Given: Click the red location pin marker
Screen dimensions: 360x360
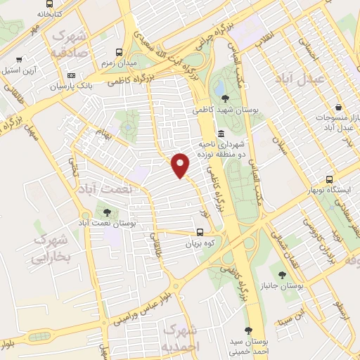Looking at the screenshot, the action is tap(181, 165).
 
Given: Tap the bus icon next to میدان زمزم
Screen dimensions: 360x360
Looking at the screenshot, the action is tap(120, 52).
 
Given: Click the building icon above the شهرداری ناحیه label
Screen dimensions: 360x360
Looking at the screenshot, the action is tap(221, 134).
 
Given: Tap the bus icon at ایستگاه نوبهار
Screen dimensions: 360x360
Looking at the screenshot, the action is tap(330, 179).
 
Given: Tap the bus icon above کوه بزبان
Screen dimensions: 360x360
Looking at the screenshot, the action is tap(200, 233).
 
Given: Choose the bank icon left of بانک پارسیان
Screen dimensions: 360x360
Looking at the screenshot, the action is tap(71, 75).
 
